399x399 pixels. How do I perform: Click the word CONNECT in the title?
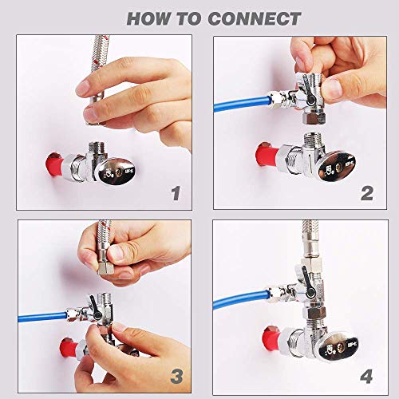[255, 18]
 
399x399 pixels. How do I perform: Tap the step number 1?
[176, 193]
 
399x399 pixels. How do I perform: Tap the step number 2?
[367, 193]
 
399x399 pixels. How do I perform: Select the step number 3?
[177, 377]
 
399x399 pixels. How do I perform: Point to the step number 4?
[367, 377]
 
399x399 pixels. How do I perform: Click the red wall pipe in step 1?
[55, 164]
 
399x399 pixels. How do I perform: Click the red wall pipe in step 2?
[267, 154]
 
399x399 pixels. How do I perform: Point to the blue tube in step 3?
[42, 317]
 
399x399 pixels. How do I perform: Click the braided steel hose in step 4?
[310, 238]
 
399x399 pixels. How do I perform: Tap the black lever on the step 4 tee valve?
[306, 282]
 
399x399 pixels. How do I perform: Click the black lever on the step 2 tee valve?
[309, 91]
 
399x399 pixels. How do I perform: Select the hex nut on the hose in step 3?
[105, 268]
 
